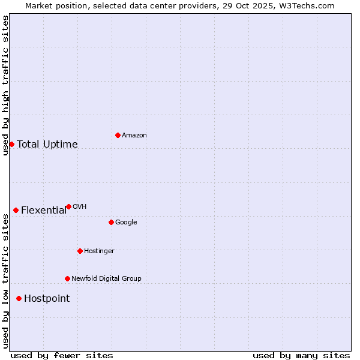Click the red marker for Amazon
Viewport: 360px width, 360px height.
[118, 135]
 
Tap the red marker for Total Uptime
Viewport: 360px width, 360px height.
[11, 144]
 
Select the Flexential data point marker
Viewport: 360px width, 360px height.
[16, 210]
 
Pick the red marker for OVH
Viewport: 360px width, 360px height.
[68, 206]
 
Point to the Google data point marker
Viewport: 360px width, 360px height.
[111, 222]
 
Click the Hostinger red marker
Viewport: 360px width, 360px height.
[80, 251]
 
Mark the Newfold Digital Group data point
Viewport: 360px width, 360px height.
[67, 278]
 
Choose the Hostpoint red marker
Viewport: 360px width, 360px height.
[19, 298]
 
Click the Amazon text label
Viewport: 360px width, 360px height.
[134, 135]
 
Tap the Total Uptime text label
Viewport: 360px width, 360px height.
[47, 144]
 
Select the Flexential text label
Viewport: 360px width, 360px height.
[44, 210]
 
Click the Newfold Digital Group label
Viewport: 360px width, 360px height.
[106, 278]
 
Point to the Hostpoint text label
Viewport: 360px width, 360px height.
[47, 298]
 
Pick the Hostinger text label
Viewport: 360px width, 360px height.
[99, 251]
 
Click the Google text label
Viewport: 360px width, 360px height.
[126, 222]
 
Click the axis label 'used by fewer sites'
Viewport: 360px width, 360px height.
[62, 355]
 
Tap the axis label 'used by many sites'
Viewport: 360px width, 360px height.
[301, 355]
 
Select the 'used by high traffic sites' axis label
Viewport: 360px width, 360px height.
[5, 85]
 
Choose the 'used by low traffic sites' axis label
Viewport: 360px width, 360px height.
[5, 281]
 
